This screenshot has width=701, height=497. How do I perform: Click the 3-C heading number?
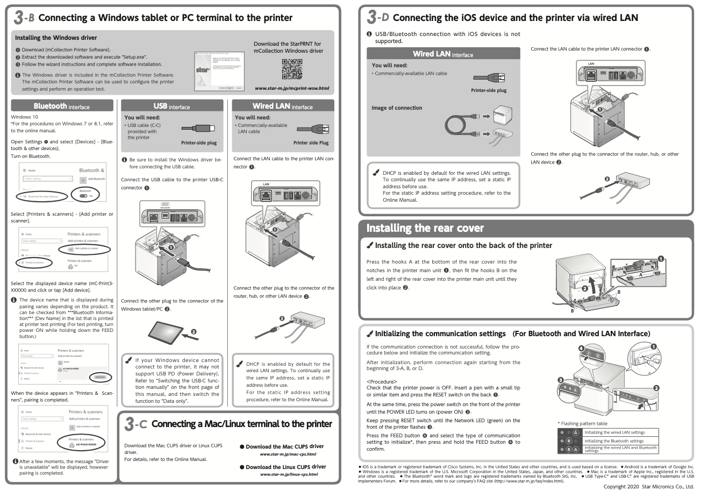coord(134,424)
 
